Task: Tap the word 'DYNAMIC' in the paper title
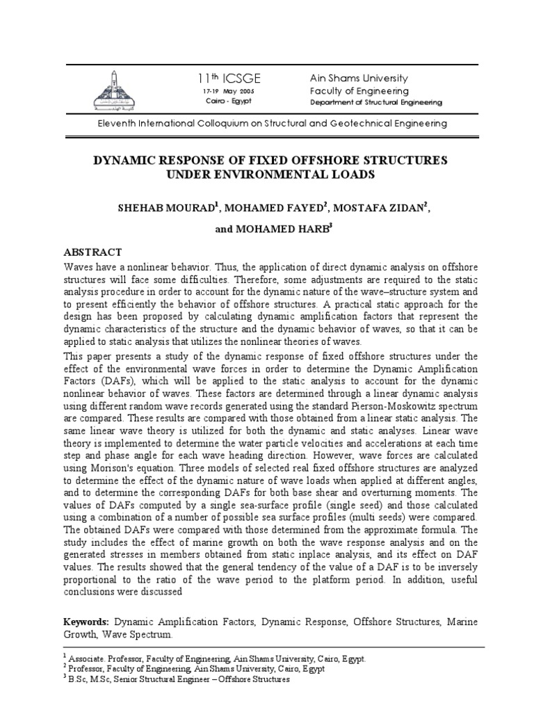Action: click(125, 161)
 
